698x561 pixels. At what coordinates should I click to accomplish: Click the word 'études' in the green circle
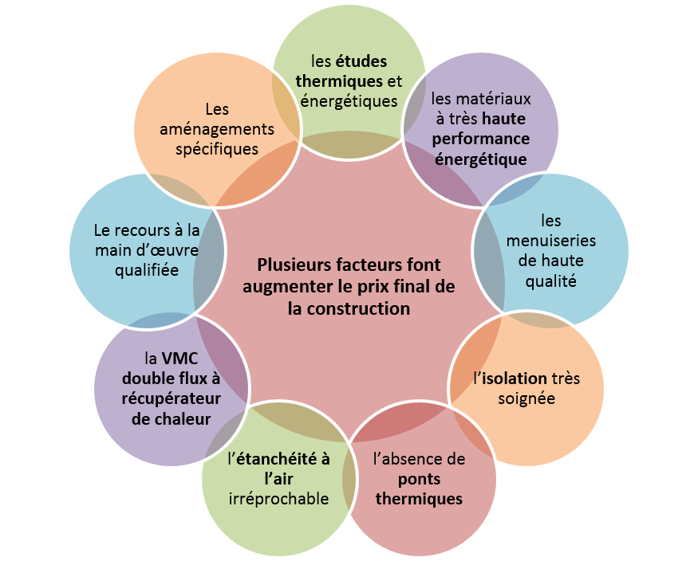coord(361,61)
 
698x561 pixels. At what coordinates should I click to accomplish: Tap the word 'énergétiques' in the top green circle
coord(349,101)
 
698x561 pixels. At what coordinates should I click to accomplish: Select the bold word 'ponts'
coord(419,480)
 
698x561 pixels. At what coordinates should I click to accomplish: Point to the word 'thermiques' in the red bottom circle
coord(419,500)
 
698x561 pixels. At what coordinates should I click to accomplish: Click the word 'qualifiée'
coord(145,270)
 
